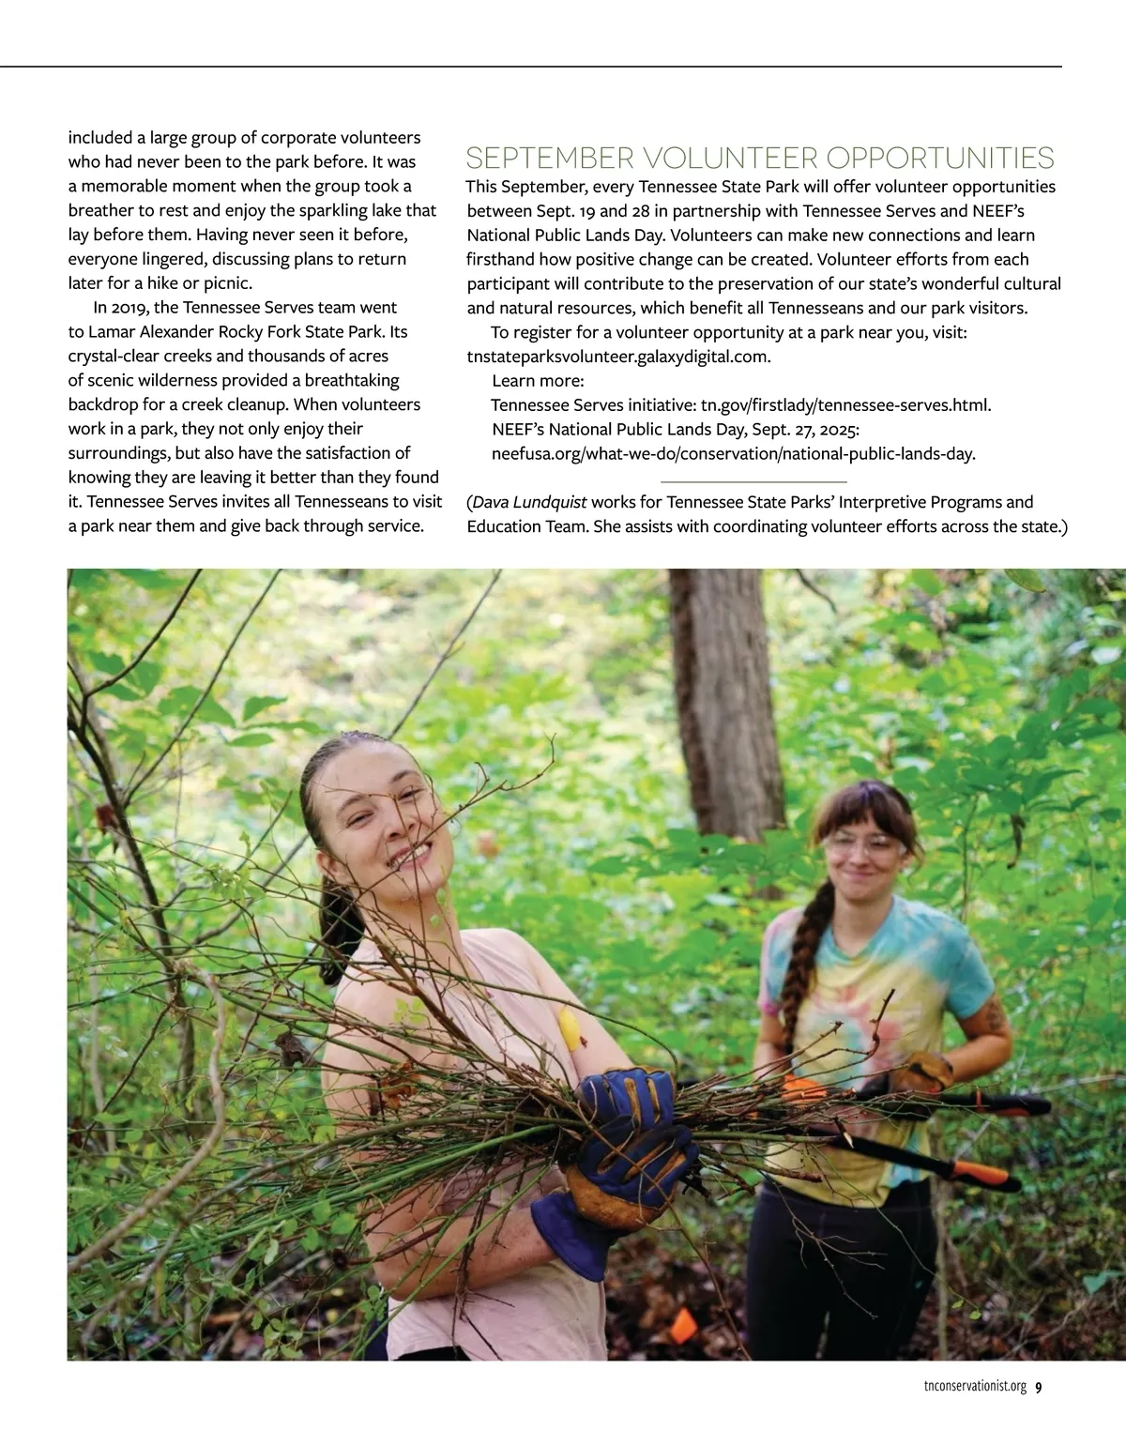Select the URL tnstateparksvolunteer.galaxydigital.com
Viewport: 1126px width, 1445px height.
click(x=618, y=357)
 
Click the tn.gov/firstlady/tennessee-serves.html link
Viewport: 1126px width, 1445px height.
click(x=845, y=405)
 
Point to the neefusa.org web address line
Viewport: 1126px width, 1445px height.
click(x=733, y=454)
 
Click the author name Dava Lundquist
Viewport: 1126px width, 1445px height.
click(x=529, y=502)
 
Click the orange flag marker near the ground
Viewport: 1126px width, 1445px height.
click(x=684, y=1324)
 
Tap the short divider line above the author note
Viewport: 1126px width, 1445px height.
click(x=767, y=481)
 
